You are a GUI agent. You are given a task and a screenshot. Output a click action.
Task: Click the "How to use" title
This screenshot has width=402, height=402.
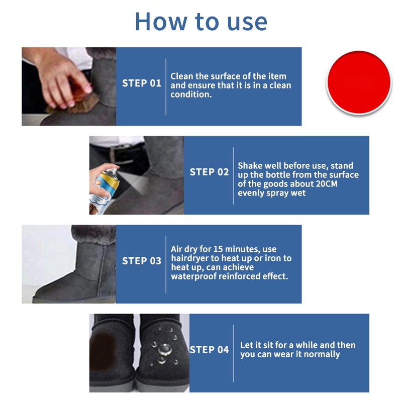pyautogui.click(x=201, y=22)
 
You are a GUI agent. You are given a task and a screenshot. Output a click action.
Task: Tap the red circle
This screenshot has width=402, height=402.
pyautogui.click(x=359, y=82)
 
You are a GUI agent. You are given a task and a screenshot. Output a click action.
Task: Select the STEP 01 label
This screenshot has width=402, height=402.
pyautogui.click(x=142, y=83)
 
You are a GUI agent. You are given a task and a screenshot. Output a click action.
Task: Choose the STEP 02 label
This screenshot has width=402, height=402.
pyautogui.click(x=209, y=172)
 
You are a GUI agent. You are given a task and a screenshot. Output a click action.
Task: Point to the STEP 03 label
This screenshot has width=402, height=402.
pyautogui.click(x=142, y=261)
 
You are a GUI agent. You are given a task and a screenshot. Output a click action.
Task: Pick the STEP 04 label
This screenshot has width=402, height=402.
pyautogui.click(x=209, y=350)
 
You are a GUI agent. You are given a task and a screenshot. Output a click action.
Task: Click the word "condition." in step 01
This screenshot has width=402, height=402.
pyautogui.click(x=191, y=94)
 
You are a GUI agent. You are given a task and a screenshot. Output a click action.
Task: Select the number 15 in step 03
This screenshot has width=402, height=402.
pyautogui.click(x=218, y=249)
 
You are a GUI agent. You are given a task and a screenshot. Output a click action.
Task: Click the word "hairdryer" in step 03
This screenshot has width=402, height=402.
pyautogui.click(x=190, y=258)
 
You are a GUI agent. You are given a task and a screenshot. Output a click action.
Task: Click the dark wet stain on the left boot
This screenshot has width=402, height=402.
pyautogui.click(x=102, y=351)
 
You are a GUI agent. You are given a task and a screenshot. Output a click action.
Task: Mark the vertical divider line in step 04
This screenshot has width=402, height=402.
pyautogui.click(x=234, y=354)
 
